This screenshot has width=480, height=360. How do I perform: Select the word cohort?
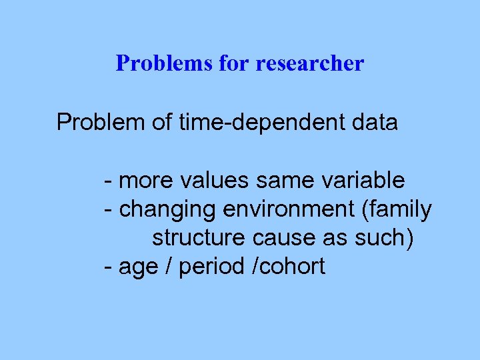[x=291, y=267]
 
